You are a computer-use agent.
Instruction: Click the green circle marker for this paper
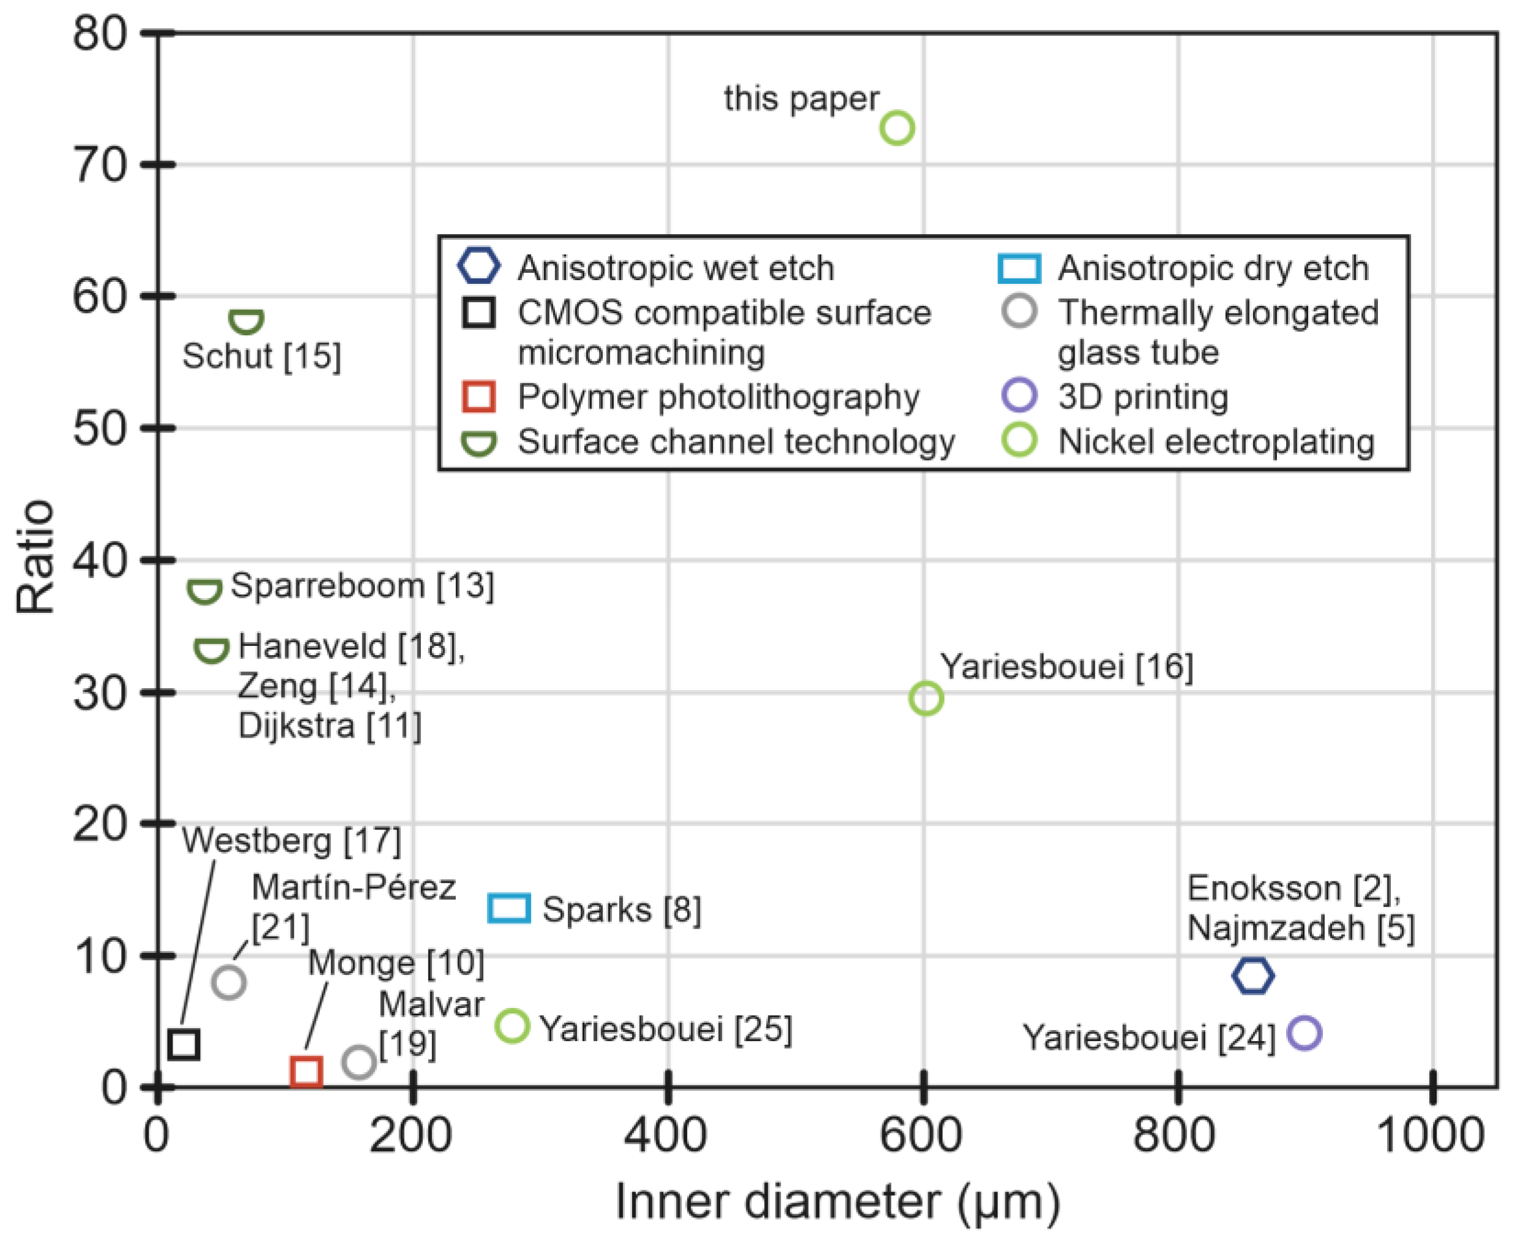pos(896,128)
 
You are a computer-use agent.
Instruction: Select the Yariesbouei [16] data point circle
pos(926,698)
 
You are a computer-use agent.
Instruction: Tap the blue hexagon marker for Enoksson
pos(1253,976)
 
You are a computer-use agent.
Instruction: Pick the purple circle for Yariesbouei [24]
pos(1304,1032)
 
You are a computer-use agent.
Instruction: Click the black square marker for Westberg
pos(184,1045)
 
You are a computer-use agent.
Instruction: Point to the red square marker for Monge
pos(306,1072)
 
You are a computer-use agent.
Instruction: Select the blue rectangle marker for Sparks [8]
pos(508,908)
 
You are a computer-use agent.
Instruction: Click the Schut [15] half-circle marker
pos(246,322)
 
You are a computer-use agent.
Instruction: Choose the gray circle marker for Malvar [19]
pos(359,1062)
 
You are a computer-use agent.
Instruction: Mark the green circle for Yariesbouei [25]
pos(512,1026)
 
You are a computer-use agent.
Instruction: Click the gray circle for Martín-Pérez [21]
pos(228,982)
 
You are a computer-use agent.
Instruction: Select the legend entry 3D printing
pos(1142,397)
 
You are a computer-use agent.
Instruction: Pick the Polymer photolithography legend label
pos(718,397)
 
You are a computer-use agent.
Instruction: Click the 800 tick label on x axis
pos(1174,1135)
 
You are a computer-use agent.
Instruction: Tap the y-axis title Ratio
pos(35,557)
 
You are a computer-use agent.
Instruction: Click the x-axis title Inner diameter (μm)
pos(836,1203)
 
